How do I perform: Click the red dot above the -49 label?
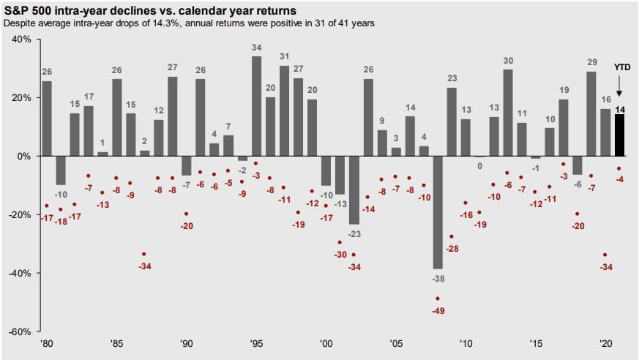pyautogui.click(x=438, y=299)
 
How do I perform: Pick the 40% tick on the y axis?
pyautogui.click(x=22, y=39)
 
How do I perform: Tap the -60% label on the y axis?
pyautogui.click(x=20, y=331)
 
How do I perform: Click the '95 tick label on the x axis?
pyautogui.click(x=256, y=342)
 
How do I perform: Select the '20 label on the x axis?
pyautogui.click(x=605, y=342)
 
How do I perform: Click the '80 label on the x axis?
pyautogui.click(x=47, y=342)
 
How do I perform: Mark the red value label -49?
pyautogui.click(x=438, y=310)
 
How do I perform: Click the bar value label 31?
pyautogui.click(x=284, y=56)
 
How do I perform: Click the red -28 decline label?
pyautogui.click(x=452, y=249)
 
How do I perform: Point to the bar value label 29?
pyautogui.click(x=591, y=62)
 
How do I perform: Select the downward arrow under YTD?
pyautogui.click(x=619, y=86)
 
